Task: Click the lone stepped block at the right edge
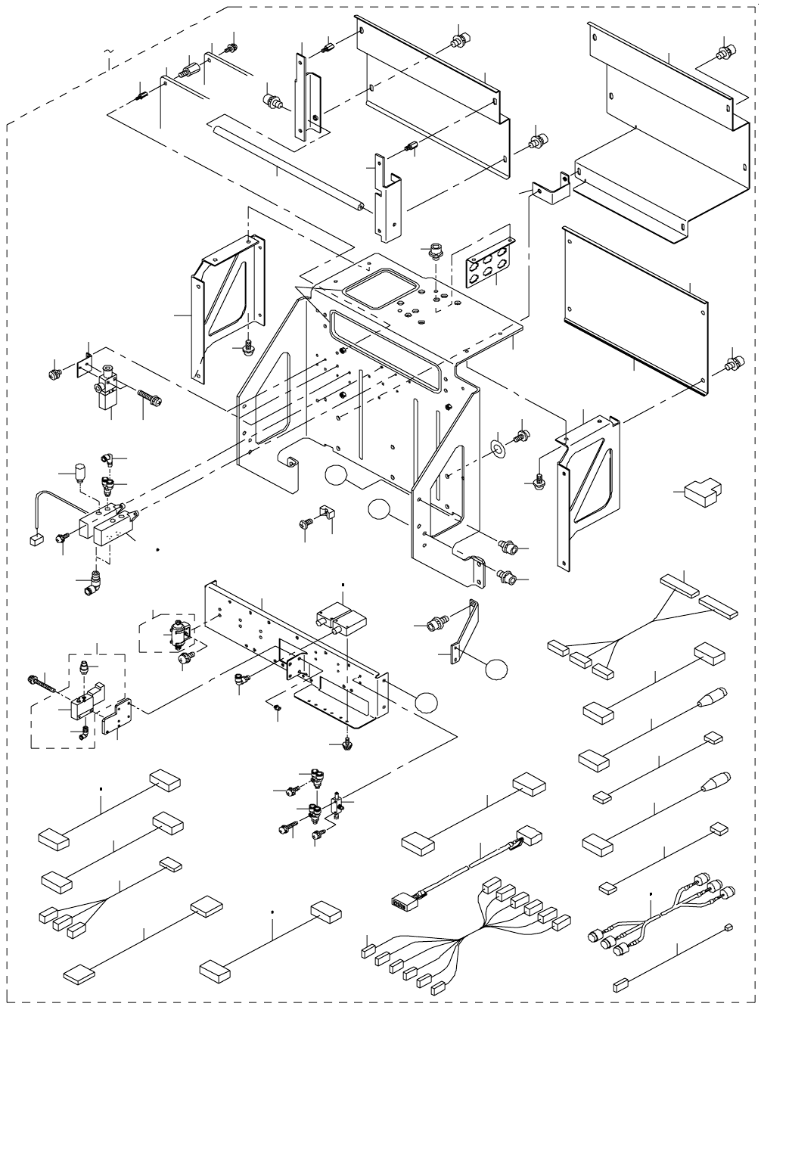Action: pos(703,492)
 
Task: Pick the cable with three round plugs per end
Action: pos(658,915)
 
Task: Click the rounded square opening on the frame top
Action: pos(378,288)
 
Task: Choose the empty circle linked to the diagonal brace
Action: pos(496,669)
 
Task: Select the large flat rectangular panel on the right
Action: pos(635,310)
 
